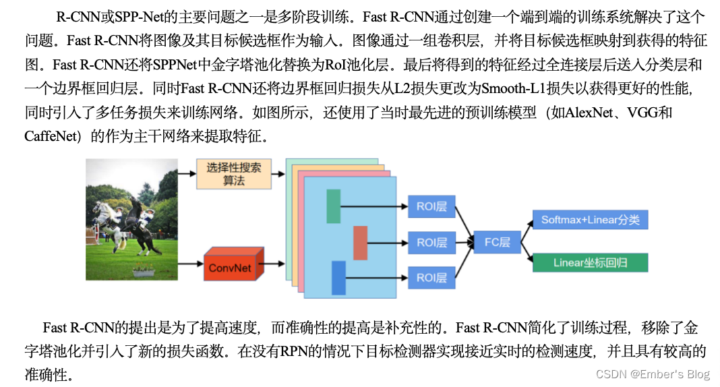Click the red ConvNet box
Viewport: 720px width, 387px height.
click(x=229, y=268)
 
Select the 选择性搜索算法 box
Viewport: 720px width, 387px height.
click(x=233, y=174)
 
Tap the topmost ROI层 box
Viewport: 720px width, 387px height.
click(x=431, y=206)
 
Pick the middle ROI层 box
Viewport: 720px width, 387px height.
click(x=431, y=242)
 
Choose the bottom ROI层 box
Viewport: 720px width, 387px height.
click(x=431, y=277)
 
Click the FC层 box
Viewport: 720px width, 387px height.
click(x=497, y=242)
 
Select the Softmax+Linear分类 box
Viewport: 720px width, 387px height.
click(x=590, y=220)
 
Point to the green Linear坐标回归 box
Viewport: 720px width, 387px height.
click(x=590, y=262)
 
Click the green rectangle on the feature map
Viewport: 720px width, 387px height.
click(x=333, y=206)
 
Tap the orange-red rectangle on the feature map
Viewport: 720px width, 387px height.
click(x=360, y=243)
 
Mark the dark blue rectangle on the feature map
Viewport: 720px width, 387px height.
click(x=338, y=278)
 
